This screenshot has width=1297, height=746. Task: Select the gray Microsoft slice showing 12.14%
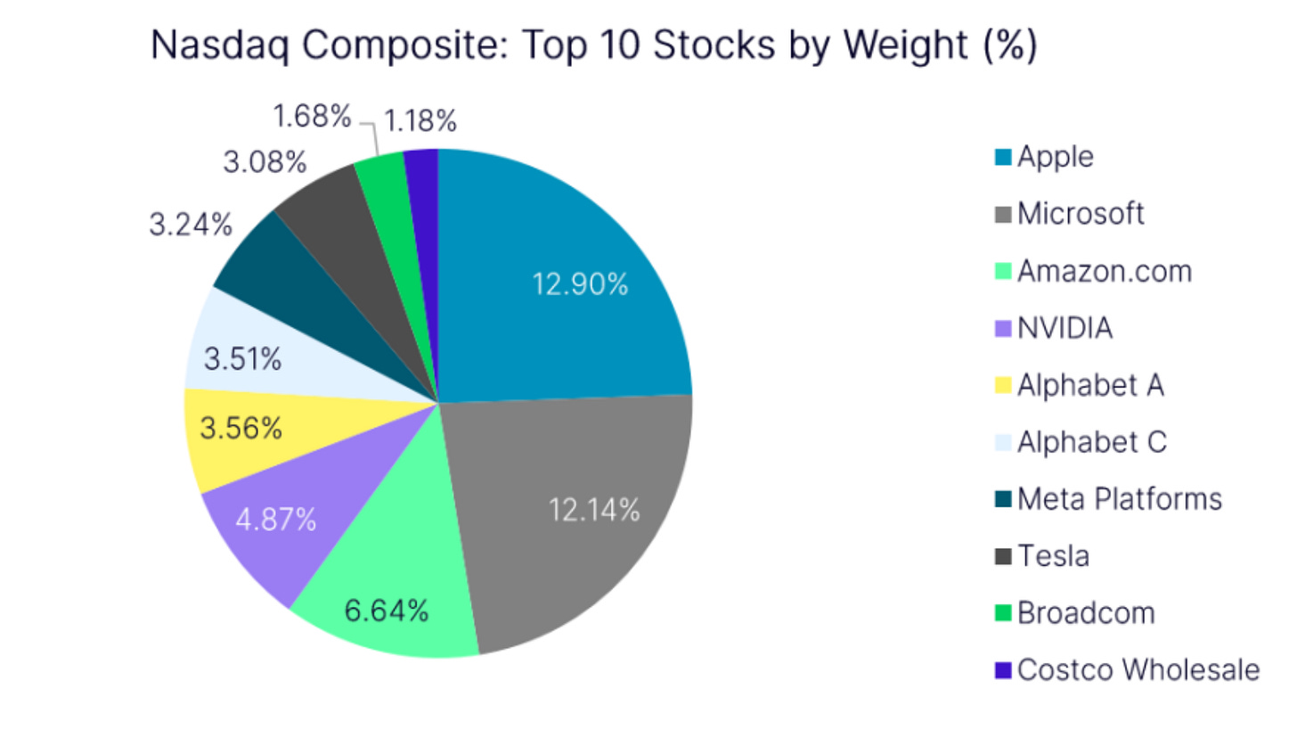[579, 517]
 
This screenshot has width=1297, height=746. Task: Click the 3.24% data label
[190, 225]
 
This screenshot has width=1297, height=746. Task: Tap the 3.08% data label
[264, 163]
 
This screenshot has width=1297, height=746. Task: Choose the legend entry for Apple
[1056, 157]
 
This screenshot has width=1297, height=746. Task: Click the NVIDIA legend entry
[1065, 329]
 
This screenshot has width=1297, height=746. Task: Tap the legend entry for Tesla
[1053, 557]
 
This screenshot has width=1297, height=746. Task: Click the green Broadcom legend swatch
[1003, 614]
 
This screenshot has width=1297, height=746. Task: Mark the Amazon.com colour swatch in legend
[1003, 272]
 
